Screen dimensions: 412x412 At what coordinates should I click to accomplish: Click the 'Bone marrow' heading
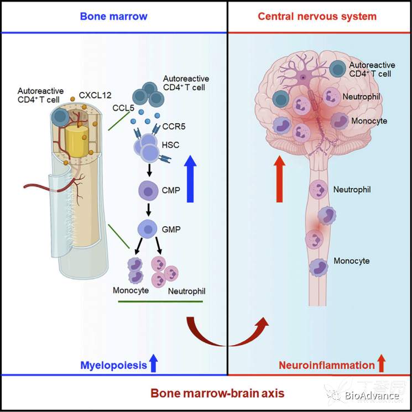point(113,16)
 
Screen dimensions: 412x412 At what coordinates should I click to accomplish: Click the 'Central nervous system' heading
point(317,16)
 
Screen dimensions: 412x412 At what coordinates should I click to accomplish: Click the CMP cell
point(148,191)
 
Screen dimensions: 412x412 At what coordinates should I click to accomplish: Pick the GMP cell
point(148,228)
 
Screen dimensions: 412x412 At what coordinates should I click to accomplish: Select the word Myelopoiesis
point(114,365)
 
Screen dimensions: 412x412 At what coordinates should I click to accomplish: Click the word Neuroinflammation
point(326,365)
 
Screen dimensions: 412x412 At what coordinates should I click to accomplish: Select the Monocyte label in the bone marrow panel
point(131,290)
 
